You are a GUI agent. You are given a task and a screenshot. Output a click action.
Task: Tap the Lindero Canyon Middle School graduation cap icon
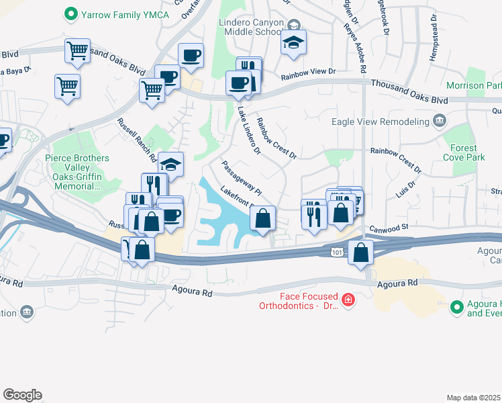point(293,42)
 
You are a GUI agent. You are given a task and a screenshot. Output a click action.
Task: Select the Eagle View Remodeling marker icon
point(440,121)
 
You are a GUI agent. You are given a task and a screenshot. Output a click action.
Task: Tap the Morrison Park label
point(474,86)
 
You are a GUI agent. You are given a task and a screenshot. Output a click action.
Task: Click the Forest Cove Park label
point(464,152)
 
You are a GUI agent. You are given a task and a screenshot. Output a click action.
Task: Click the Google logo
point(22,395)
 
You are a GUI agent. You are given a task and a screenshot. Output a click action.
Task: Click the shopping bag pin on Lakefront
point(262,218)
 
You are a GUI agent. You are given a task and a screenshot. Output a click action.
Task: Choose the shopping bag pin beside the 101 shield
point(361,253)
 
